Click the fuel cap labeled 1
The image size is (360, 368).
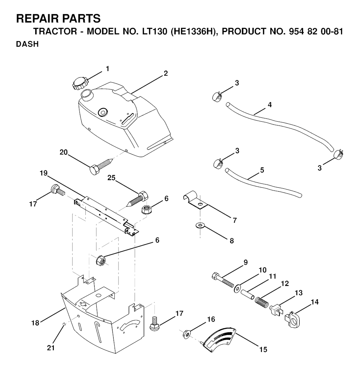tap(80, 83)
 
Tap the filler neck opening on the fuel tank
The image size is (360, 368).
tap(87, 93)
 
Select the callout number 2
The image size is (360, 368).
tap(166, 73)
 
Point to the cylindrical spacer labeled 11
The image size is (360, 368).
tap(248, 294)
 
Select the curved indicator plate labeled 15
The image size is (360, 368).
tap(219, 340)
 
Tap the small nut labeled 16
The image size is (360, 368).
tap(187, 334)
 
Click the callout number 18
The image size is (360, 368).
tap(35, 323)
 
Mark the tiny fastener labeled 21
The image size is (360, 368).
tap(64, 324)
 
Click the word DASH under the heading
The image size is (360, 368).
tap(27, 44)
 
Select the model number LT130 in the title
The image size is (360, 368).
tap(152, 31)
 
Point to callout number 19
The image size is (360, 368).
tap(43, 173)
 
